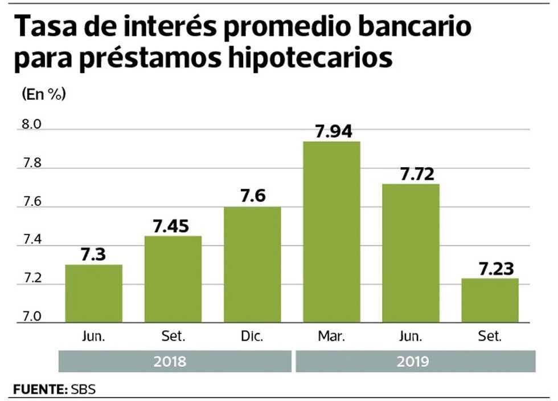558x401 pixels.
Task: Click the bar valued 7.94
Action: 331,231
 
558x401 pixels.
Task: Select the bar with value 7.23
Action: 490,300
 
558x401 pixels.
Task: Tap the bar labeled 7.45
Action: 173,279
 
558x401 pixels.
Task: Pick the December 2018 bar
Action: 252,264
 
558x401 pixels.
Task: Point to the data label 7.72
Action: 411,175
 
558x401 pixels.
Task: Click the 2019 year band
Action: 415,362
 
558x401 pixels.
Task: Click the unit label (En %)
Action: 43,95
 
